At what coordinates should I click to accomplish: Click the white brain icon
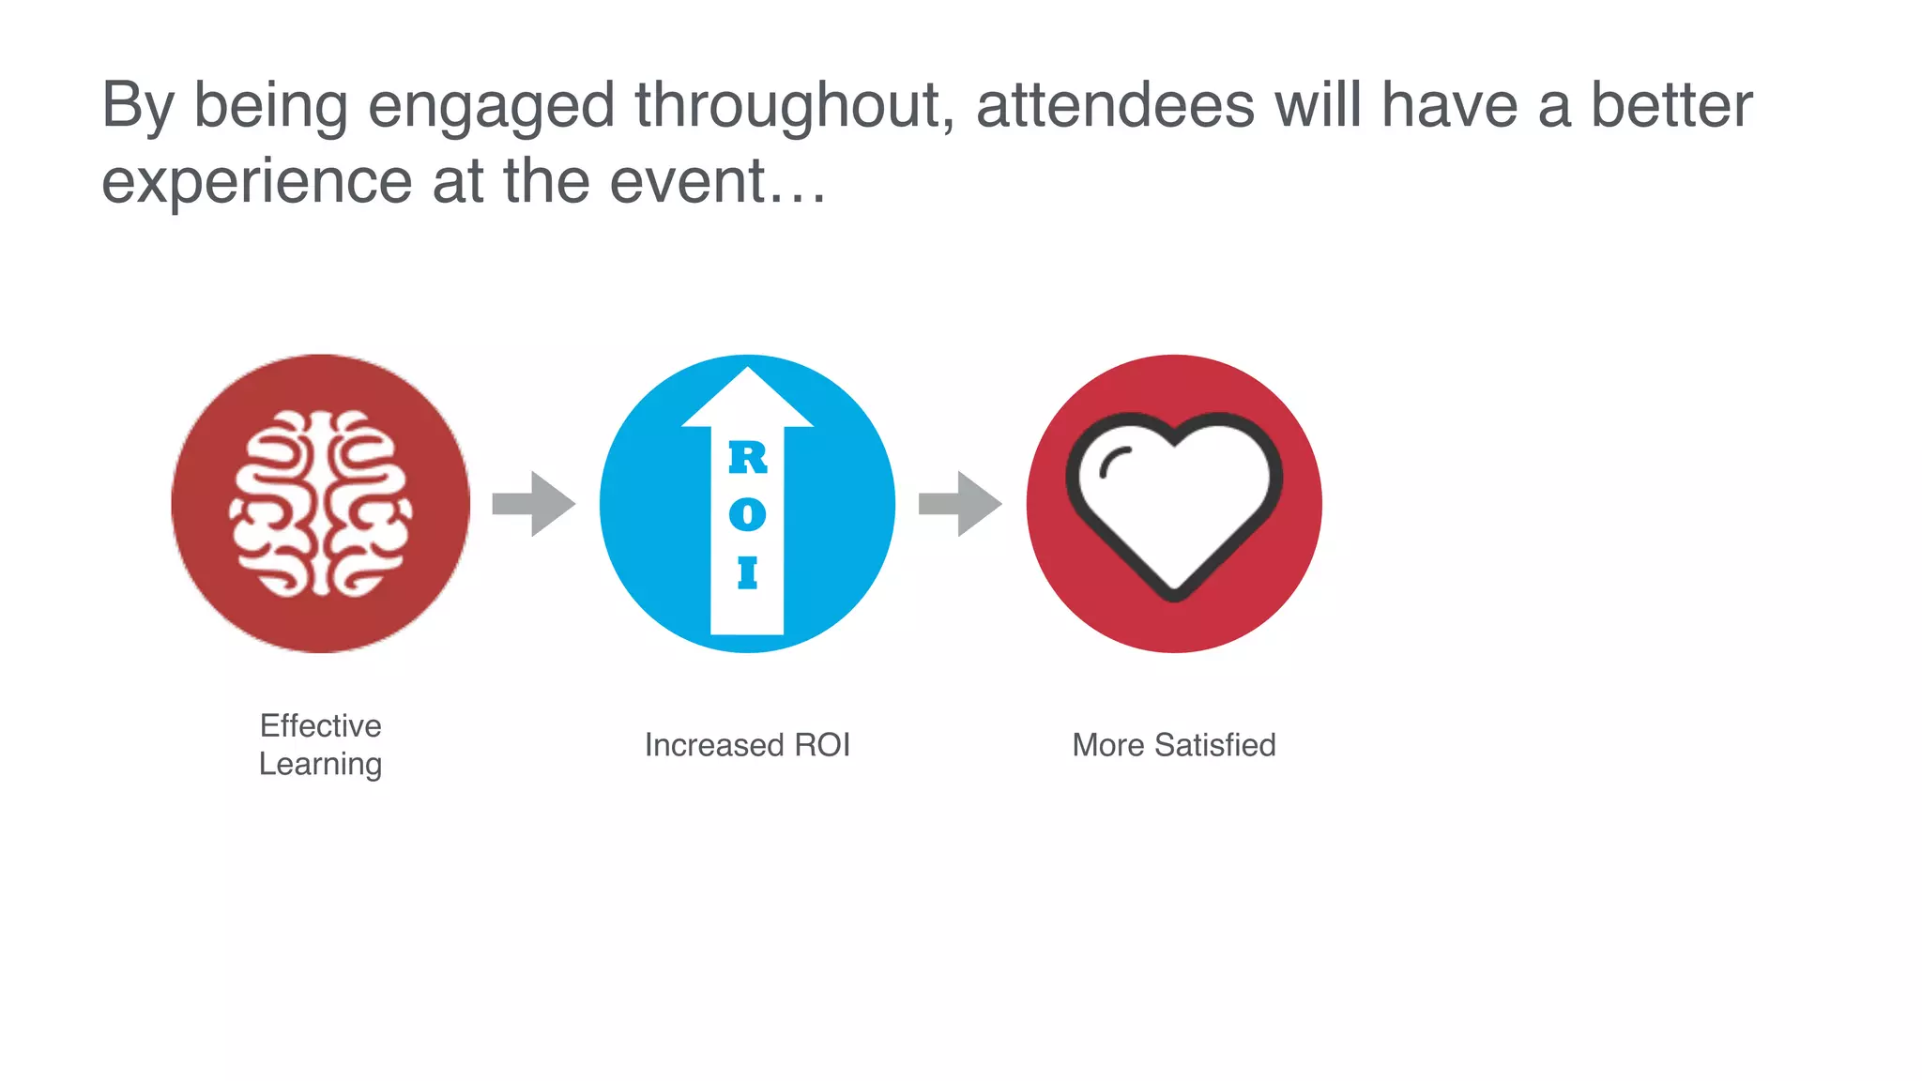coord(320,504)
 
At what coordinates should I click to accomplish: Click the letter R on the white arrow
coord(748,458)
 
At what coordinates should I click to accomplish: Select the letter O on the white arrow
coord(747,514)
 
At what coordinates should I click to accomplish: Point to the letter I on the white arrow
coord(747,572)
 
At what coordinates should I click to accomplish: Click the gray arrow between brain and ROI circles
coord(533,504)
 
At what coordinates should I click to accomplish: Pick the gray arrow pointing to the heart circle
coord(959,504)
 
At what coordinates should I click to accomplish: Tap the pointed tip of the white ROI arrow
coord(747,373)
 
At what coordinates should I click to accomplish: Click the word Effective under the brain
coord(320,725)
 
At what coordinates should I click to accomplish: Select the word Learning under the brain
coord(320,764)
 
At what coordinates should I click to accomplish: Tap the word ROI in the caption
coord(822,745)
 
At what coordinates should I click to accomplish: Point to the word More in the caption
coord(1108,745)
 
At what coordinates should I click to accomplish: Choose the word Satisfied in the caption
coord(1215,745)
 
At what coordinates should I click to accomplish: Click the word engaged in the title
coord(491,105)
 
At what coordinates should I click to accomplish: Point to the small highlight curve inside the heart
coord(1114,462)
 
